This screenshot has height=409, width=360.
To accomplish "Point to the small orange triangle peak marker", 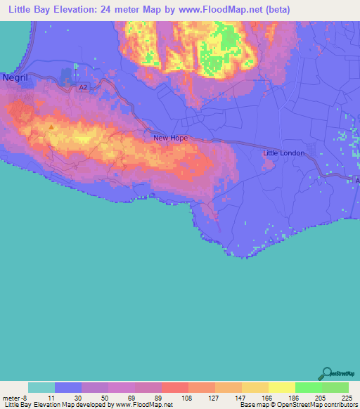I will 51,127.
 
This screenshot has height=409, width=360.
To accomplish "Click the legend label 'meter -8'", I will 14,397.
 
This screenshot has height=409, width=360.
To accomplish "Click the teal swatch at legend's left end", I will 41,387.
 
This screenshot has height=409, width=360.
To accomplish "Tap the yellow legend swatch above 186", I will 281,387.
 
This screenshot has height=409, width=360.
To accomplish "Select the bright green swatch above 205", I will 309,387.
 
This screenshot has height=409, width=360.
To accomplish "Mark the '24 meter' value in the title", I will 130,10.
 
